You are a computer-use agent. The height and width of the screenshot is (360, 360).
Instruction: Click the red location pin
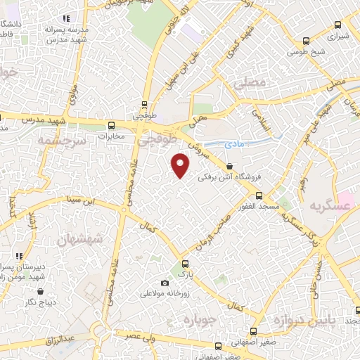(181, 165)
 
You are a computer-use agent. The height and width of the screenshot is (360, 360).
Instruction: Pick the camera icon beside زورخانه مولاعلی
(165, 283)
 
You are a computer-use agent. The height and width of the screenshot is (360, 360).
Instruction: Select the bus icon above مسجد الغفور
(259, 196)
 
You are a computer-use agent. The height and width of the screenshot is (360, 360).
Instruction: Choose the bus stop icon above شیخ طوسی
(305, 41)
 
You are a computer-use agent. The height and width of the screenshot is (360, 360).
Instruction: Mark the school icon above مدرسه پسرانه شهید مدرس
(66, 19)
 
